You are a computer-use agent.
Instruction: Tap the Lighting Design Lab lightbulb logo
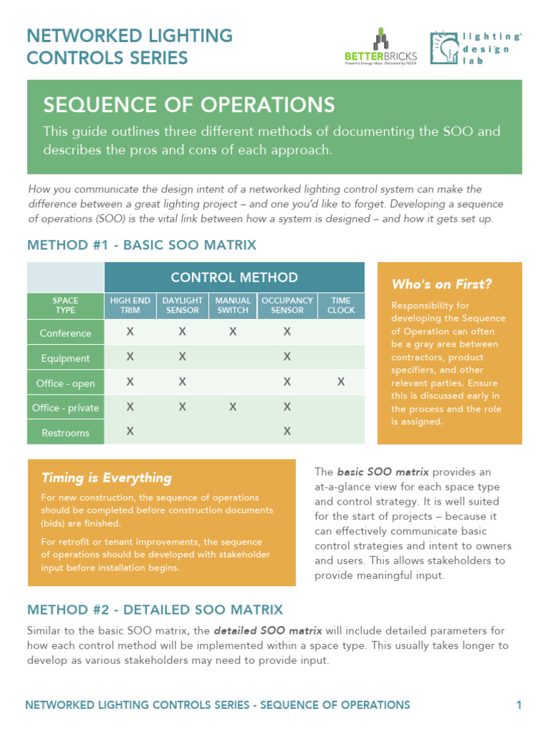coord(445,48)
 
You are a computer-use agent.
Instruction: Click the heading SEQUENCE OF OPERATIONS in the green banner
coord(189,105)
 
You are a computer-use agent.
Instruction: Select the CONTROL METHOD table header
coord(234,277)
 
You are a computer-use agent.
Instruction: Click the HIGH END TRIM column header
coord(130,306)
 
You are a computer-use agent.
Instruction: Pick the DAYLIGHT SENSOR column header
coord(182,306)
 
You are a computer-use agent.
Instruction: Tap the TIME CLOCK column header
coord(341,306)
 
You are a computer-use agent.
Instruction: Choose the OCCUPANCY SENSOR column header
coord(287,306)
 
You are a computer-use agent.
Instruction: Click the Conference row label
coord(66,333)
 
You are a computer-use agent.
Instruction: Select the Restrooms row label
coord(66,433)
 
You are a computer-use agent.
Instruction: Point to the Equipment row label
coord(66,358)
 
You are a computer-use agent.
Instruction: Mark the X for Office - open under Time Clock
coord(341,383)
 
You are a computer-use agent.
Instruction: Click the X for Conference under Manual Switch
coord(233,332)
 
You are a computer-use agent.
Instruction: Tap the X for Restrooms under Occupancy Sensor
coord(287,431)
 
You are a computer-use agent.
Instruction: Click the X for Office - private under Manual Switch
coord(233,407)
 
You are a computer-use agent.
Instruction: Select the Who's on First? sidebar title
coord(442,284)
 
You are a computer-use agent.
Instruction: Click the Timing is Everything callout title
coord(106,478)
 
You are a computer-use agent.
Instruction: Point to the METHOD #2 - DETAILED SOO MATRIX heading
coord(155,610)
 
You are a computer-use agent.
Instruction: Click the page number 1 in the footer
coord(519,705)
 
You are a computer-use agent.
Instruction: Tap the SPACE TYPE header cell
coord(66,306)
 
